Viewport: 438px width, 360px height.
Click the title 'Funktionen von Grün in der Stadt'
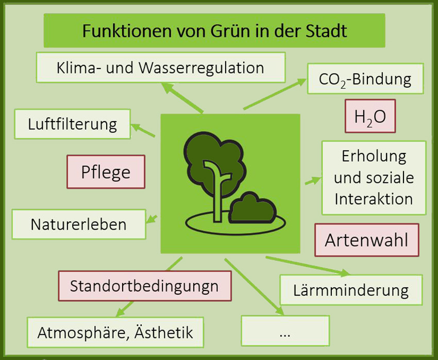(x=214, y=30)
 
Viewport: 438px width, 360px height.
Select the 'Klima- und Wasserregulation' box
(x=161, y=67)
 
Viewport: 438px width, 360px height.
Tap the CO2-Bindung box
(x=365, y=78)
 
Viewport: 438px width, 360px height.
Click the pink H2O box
(x=370, y=116)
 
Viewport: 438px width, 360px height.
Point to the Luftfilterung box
(x=73, y=124)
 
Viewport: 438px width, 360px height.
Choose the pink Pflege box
(x=106, y=172)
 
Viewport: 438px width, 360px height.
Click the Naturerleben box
(x=79, y=224)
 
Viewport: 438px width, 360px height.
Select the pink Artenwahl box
(x=367, y=240)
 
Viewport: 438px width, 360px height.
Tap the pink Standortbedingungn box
(x=145, y=286)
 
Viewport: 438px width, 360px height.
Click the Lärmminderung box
(x=351, y=290)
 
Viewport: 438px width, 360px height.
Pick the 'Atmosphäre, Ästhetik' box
(x=115, y=332)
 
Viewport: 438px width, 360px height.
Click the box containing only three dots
(x=285, y=331)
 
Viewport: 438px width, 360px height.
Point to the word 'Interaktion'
(x=374, y=199)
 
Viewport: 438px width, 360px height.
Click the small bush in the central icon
(x=252, y=208)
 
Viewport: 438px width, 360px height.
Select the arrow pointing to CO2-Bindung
(x=275, y=94)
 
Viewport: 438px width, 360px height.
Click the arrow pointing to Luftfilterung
(x=143, y=130)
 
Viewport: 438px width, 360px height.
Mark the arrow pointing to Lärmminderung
(x=307, y=266)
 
